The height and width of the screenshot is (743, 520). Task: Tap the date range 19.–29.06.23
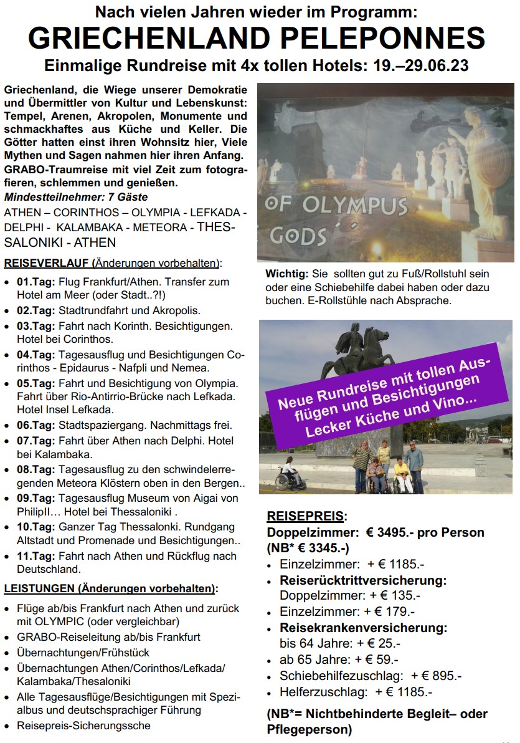point(413,65)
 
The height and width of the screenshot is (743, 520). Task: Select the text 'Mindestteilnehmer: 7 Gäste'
point(67,197)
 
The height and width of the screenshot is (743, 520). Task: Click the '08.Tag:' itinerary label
point(36,469)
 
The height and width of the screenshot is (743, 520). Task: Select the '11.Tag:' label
point(36,556)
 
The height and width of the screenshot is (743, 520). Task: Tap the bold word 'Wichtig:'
point(286,274)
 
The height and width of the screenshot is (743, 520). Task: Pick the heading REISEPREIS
point(305,516)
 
